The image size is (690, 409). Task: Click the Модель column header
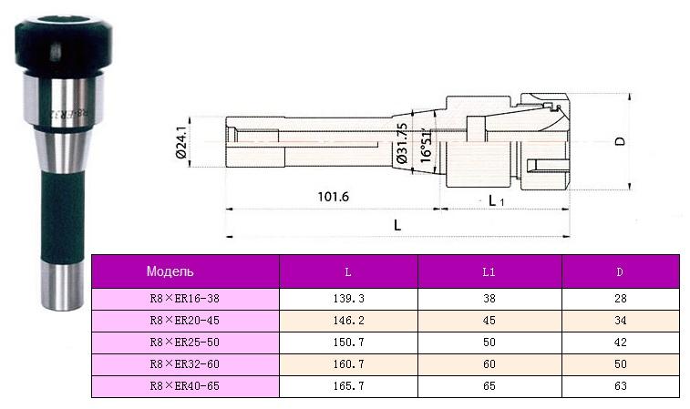(x=170, y=271)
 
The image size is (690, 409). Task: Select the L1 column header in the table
(x=489, y=271)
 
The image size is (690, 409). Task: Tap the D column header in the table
(x=620, y=271)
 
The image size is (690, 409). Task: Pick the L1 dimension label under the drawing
(x=497, y=199)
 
